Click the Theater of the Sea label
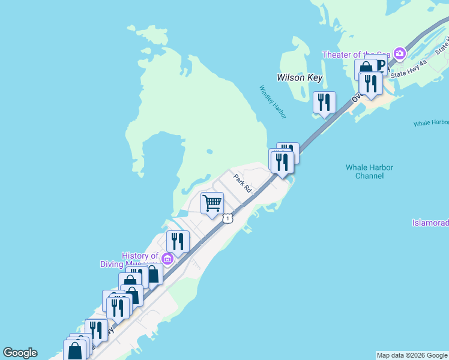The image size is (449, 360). [x=356, y=55]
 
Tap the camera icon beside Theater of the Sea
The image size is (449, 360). [x=400, y=55]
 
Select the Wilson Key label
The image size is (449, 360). [x=300, y=77]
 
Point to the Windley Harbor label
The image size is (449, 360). [x=273, y=101]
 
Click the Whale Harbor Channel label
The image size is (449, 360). [x=369, y=172]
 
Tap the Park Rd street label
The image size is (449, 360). [x=242, y=182]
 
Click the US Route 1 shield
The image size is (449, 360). [x=228, y=218]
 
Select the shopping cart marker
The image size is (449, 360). [x=212, y=203]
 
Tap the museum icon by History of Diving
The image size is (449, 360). [x=168, y=259]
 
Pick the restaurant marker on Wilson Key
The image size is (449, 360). [x=324, y=102]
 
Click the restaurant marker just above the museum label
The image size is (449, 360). [x=178, y=241]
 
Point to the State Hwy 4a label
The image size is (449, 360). [x=408, y=70]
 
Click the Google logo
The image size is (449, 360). [x=20, y=353]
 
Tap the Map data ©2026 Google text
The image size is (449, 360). [x=412, y=355]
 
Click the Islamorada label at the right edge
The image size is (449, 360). [x=430, y=223]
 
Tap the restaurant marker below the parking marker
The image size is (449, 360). [x=371, y=83]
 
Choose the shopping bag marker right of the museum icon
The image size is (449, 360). [x=153, y=274]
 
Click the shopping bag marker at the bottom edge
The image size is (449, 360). [x=75, y=352]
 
